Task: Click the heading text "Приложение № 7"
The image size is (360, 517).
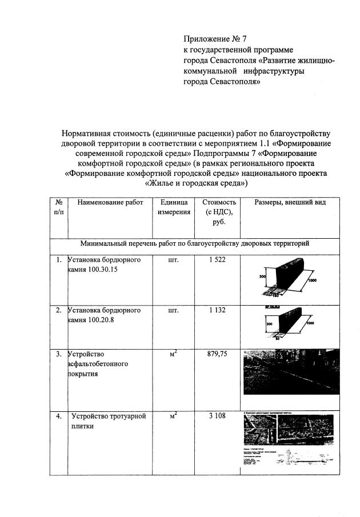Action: tap(214, 39)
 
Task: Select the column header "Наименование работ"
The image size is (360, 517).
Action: tap(110, 202)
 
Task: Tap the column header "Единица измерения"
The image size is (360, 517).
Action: tap(174, 207)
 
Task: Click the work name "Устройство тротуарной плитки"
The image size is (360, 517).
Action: tap(108, 421)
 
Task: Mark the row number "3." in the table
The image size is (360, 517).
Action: tap(59, 354)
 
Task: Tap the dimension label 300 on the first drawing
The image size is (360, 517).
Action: tap(262, 276)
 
